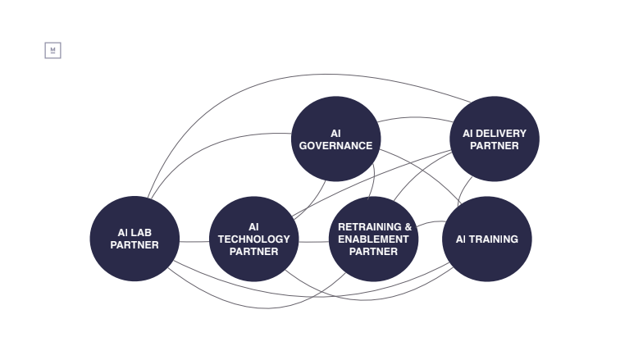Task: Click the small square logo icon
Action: (52, 51)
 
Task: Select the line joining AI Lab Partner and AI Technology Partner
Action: (194, 242)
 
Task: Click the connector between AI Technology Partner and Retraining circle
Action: (313, 242)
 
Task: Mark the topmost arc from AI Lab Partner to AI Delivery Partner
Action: (303, 75)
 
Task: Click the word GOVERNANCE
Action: (335, 146)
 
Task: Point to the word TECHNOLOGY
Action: (253, 239)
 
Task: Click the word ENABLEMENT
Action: (373, 239)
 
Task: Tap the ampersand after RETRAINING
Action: (408, 226)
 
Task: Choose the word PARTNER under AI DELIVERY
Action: (495, 146)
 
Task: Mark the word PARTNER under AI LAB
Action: (135, 245)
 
